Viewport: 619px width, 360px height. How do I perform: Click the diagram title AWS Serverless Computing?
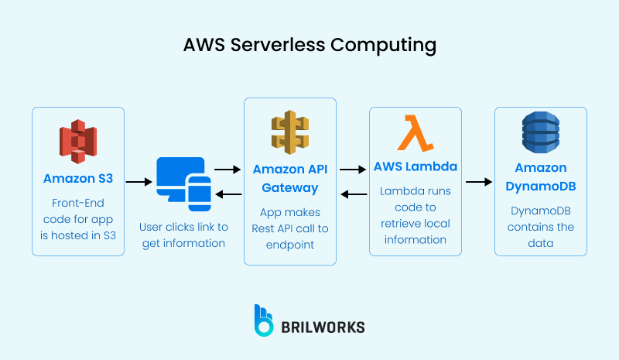(x=309, y=45)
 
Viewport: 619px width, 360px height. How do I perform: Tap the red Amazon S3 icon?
(x=77, y=141)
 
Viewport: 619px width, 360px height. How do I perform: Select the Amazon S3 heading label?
(x=77, y=178)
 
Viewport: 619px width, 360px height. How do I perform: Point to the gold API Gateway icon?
(x=290, y=131)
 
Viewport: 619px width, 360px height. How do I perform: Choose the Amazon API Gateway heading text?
(x=290, y=178)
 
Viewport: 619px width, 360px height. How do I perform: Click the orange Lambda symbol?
(x=416, y=132)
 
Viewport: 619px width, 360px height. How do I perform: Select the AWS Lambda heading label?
(x=416, y=166)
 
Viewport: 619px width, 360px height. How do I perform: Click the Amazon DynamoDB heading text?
(x=540, y=178)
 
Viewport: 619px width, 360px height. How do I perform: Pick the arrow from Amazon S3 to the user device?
(x=139, y=182)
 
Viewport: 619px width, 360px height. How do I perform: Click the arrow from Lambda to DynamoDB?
(x=478, y=182)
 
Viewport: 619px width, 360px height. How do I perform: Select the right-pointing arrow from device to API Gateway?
(x=227, y=168)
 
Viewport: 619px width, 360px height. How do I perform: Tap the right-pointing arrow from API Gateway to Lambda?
(x=353, y=168)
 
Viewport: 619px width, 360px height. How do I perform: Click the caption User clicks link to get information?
(x=183, y=235)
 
